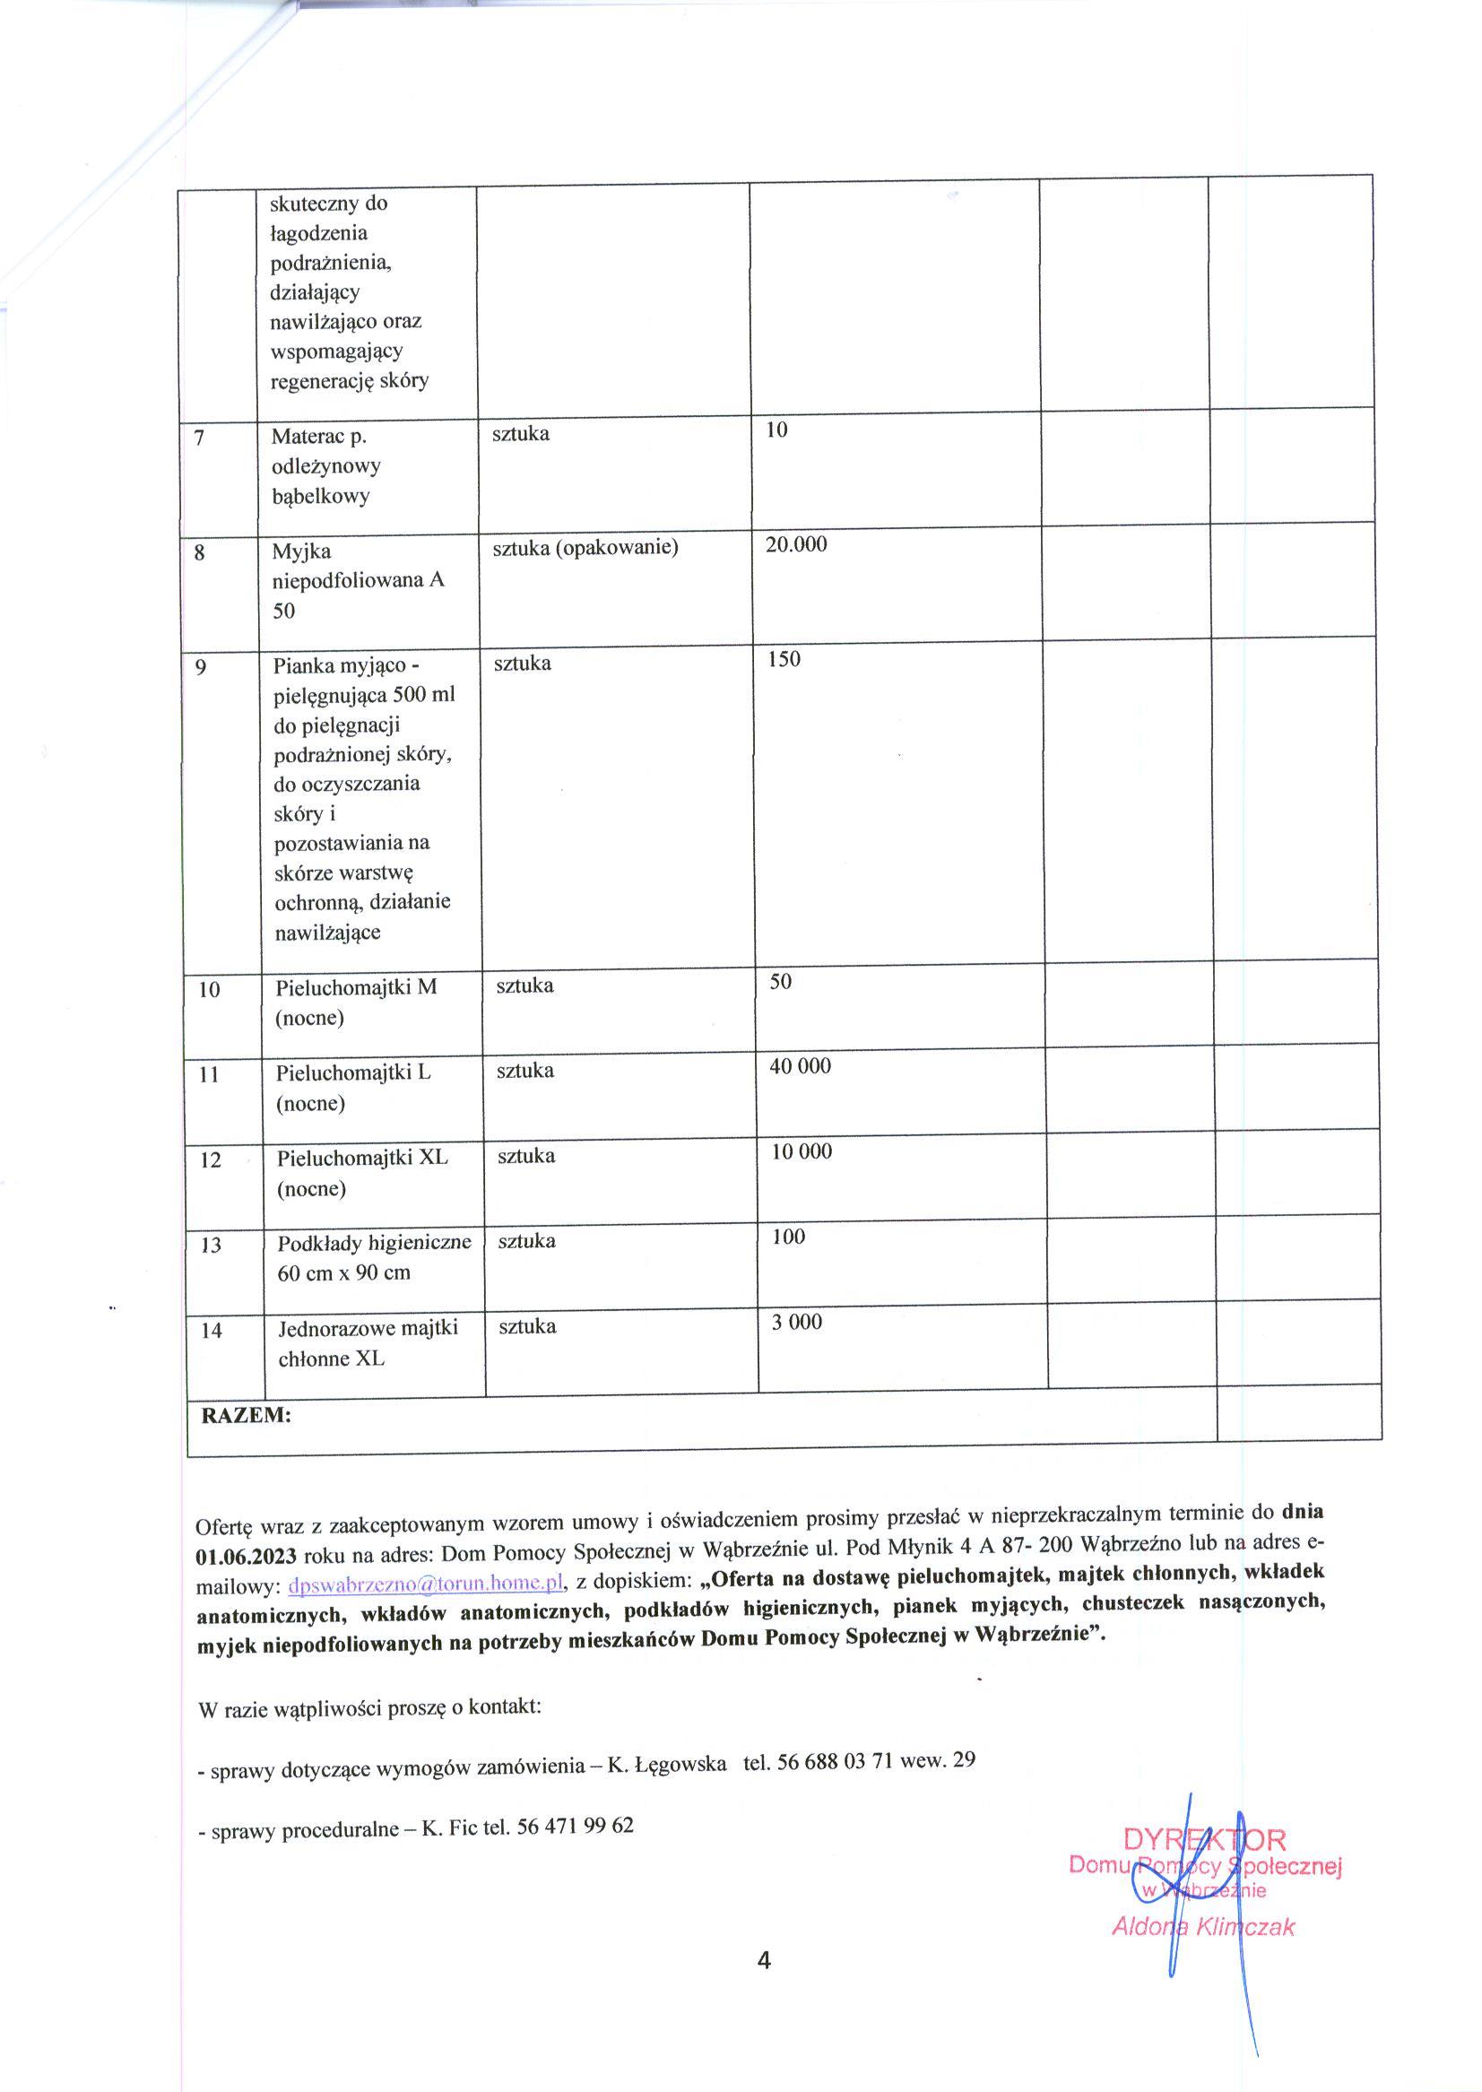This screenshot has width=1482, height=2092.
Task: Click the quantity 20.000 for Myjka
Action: [x=796, y=545]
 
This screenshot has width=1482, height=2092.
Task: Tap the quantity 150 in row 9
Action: [x=784, y=659]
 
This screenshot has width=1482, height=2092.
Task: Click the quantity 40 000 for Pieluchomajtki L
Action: [x=801, y=1066]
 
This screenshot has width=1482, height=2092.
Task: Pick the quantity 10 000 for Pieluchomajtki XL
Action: [x=802, y=1151]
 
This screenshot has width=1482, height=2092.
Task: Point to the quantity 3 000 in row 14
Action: [x=797, y=1322]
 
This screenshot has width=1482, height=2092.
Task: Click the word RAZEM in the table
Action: [x=246, y=1416]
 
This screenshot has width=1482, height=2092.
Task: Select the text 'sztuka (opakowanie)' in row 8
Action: [x=585, y=548]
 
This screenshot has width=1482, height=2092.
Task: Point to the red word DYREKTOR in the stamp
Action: [x=1205, y=1838]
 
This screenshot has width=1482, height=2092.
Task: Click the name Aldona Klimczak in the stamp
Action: [x=1203, y=1926]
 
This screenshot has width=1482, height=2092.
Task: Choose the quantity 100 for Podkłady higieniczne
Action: [x=788, y=1237]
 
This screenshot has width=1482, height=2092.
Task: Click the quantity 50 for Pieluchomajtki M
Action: [x=781, y=981]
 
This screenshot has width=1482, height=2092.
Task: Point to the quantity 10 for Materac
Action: [x=776, y=430]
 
